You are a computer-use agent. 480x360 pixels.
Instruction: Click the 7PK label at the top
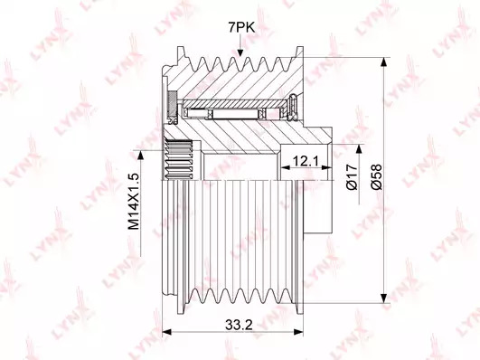pyautogui.click(x=241, y=28)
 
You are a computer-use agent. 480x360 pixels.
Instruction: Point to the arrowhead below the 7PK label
pyautogui.click(x=240, y=52)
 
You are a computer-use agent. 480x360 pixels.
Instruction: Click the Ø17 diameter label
pyautogui.click(x=352, y=176)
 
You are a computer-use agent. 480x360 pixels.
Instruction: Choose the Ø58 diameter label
pyautogui.click(x=376, y=176)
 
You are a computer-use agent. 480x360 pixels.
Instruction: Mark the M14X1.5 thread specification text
pyautogui.click(x=134, y=202)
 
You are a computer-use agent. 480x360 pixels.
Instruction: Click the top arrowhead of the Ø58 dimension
pyautogui.click(x=383, y=62)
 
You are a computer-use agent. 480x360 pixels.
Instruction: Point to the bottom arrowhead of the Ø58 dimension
pyautogui.click(x=383, y=298)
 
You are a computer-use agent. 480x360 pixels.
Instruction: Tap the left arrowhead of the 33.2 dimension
pyautogui.click(x=167, y=332)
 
